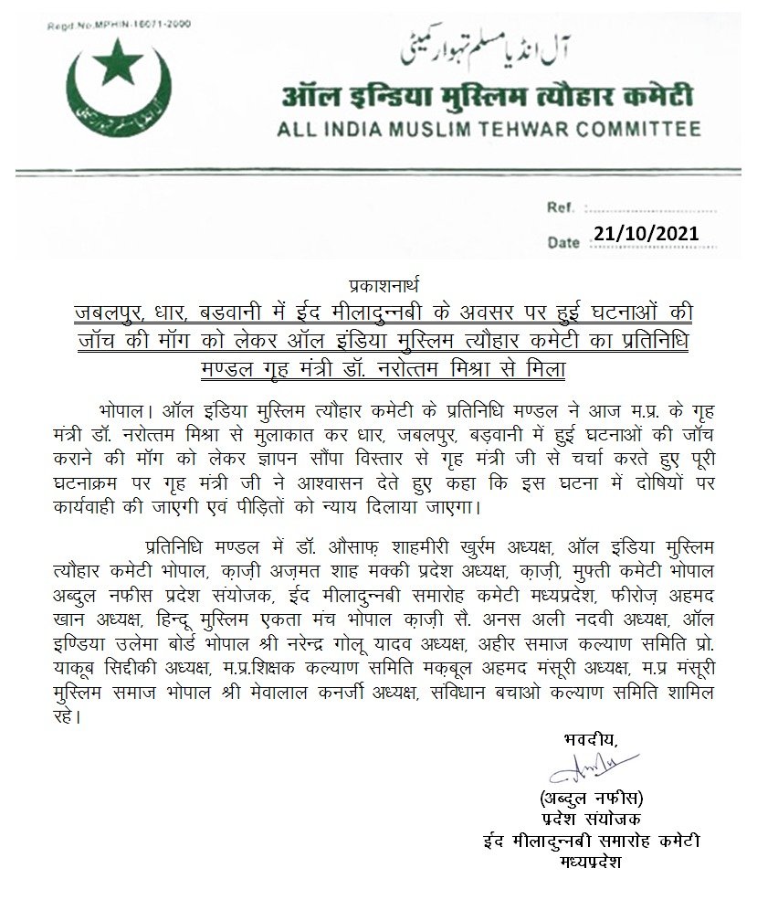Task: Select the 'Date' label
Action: [x=563, y=243]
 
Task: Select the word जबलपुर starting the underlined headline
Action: [x=109, y=313]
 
